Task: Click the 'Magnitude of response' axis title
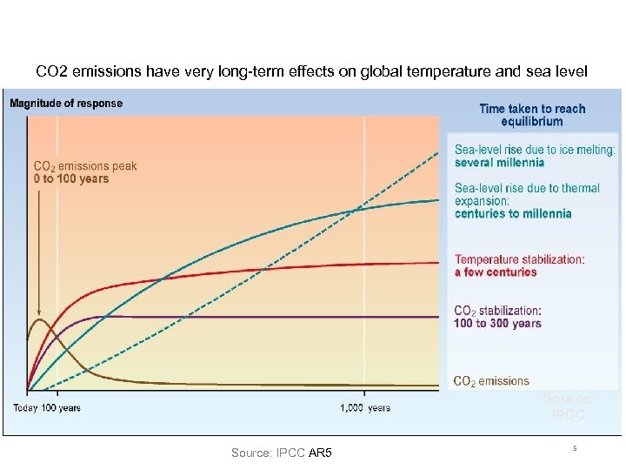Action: coord(66,103)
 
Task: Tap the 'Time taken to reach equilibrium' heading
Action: coord(532,115)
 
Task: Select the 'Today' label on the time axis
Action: coord(26,407)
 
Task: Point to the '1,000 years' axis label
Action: coord(365,407)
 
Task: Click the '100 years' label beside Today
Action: coord(62,407)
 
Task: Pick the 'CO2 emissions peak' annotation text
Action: coord(84,166)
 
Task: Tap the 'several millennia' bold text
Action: coord(499,162)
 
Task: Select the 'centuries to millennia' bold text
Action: coord(513,213)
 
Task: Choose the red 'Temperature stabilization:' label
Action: coord(520,258)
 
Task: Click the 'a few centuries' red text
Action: coord(496,272)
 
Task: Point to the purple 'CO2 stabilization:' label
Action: coord(497,310)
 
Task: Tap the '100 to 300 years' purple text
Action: coord(497,323)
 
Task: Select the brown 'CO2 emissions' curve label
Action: coord(491,380)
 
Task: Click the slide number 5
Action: coord(575,448)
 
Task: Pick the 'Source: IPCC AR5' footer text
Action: coord(287,453)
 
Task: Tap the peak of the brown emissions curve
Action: coord(38,319)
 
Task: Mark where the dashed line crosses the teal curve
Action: coord(352,210)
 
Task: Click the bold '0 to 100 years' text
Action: coord(70,179)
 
